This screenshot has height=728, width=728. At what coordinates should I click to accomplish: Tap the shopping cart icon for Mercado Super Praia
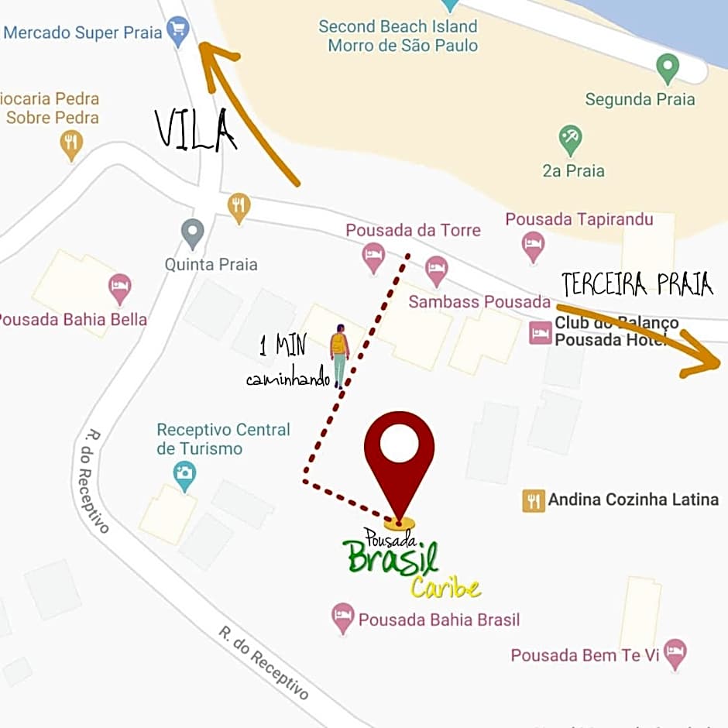click(x=179, y=33)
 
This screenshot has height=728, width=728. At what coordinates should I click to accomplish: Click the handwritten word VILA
click(x=195, y=130)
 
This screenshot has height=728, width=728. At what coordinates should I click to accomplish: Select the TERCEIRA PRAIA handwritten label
click(x=637, y=284)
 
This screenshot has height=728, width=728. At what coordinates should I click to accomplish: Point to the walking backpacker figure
click(x=339, y=355)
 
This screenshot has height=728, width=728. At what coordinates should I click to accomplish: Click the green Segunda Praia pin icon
click(x=667, y=68)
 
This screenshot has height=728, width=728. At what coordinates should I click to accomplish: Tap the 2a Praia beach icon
click(x=571, y=139)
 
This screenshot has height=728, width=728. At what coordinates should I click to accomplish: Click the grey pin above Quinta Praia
click(x=192, y=232)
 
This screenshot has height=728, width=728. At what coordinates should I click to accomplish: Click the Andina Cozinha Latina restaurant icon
click(x=534, y=500)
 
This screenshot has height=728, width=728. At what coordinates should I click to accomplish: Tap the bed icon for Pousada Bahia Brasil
click(x=342, y=618)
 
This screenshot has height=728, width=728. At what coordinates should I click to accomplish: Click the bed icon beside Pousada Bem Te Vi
click(x=675, y=654)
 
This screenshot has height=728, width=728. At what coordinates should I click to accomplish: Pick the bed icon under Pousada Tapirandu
click(x=533, y=247)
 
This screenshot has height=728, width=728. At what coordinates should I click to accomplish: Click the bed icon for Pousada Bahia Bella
click(x=119, y=288)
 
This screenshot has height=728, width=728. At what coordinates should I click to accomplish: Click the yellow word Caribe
click(x=445, y=588)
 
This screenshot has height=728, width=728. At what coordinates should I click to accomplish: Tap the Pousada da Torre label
click(x=413, y=230)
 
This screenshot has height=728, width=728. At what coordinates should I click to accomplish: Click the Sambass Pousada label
click(x=479, y=301)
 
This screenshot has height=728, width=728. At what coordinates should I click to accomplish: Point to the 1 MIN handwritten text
click(x=283, y=345)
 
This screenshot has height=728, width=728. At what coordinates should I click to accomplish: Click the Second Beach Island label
click(x=398, y=26)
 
